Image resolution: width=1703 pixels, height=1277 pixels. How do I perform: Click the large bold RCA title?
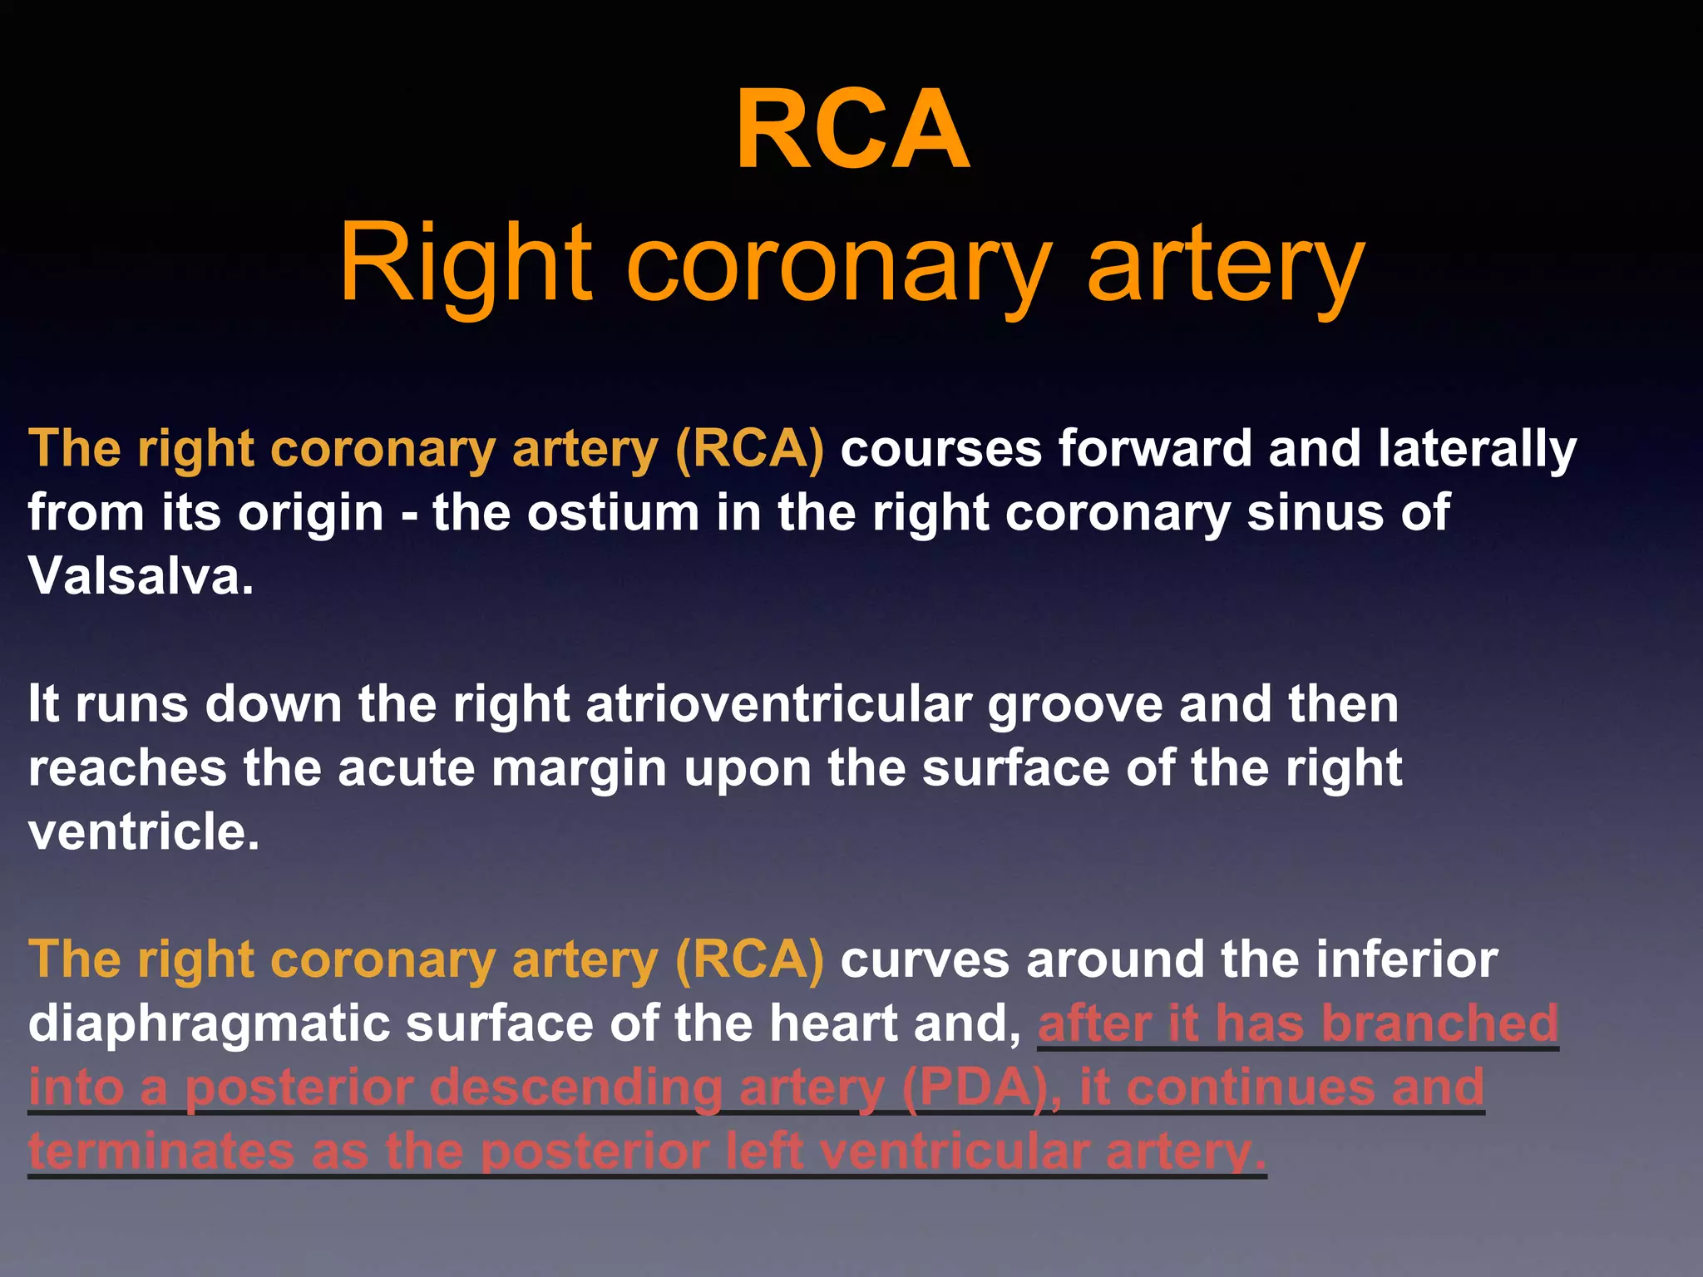tap(852, 131)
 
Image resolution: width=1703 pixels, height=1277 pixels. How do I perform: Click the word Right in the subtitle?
tap(466, 264)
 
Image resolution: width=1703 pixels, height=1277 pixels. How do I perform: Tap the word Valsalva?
tap(141, 575)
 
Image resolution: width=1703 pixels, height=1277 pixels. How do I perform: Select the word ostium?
tap(614, 512)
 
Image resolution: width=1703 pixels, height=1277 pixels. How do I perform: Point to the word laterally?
tap(1477, 450)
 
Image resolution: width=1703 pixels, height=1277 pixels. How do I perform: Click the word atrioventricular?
tap(779, 705)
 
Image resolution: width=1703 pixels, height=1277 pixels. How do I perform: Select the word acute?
tap(407, 768)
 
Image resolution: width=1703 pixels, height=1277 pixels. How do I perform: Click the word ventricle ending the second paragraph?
tap(144, 831)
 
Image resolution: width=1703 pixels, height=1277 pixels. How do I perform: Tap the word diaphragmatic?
tap(209, 1024)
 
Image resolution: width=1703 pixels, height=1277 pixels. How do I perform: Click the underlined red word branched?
tap(1439, 1023)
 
